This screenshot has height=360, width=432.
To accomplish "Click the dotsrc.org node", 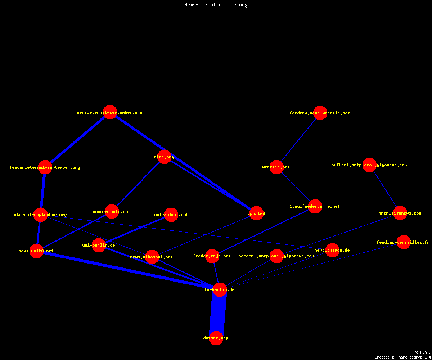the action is click(216, 338).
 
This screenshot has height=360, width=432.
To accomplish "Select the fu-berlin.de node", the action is click(220, 289).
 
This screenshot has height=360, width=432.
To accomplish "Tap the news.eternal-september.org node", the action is click(110, 112).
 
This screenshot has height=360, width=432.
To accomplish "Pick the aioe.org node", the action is click(164, 157).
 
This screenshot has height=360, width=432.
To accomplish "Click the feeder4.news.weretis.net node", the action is click(320, 113).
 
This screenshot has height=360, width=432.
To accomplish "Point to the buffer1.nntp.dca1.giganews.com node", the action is click(369, 165).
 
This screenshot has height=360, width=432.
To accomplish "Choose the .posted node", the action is click(257, 213).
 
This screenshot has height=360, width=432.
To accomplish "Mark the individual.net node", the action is click(171, 215).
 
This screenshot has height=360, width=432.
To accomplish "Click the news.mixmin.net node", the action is click(112, 211).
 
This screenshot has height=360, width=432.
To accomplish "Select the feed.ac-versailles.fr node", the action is click(404, 242).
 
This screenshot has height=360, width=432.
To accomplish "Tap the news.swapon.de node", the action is click(332, 250).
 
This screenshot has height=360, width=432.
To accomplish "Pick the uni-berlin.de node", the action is click(99, 245).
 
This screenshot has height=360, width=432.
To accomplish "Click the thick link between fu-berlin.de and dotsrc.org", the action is click(218, 314).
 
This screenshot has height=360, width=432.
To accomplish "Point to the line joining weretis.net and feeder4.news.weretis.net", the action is click(298, 140).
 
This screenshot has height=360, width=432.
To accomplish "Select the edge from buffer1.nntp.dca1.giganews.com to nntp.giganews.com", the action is click(384, 189).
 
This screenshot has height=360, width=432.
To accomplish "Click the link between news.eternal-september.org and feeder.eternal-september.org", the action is click(77, 140).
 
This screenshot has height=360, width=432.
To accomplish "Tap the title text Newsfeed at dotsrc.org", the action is click(216, 5).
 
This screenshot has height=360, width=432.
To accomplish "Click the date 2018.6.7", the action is click(422, 352).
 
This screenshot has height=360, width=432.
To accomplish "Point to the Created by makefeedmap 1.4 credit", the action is click(403, 357).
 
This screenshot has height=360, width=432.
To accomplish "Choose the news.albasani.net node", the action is click(152, 257).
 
